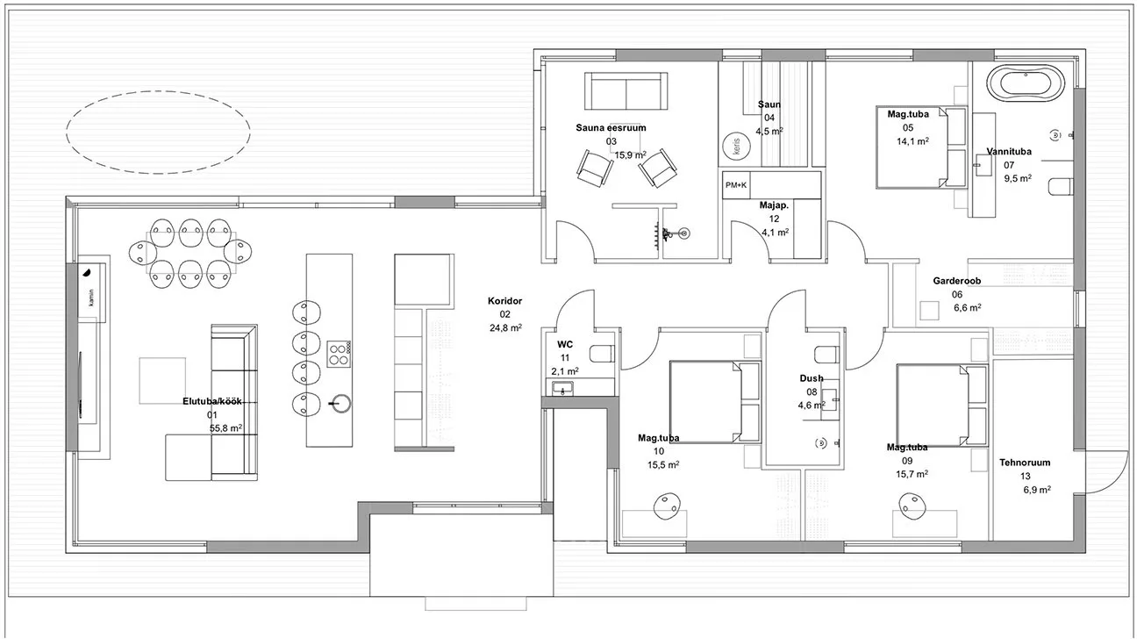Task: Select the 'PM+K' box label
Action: [735, 185]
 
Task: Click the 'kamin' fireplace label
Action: [91, 298]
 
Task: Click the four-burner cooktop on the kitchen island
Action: [339, 354]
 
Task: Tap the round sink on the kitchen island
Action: [340, 404]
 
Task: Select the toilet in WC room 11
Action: [603, 354]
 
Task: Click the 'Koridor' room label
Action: [504, 301]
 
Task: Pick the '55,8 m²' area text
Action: [225, 428]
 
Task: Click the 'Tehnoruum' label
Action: [1025, 463]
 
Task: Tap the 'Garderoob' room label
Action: [956, 280]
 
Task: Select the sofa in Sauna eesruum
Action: [626, 91]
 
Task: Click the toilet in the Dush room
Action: [826, 354]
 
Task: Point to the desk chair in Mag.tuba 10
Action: [667, 506]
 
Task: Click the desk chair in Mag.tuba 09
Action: [912, 506]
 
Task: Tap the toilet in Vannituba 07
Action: [1061, 186]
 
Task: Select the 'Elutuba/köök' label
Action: [212, 401]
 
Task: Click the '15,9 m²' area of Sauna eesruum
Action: [631, 155]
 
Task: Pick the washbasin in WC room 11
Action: [562, 389]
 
